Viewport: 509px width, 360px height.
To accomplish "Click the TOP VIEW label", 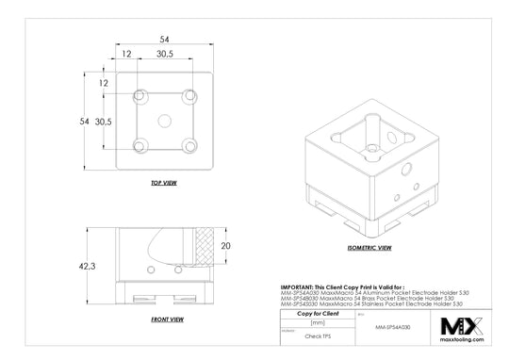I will pos(163,182).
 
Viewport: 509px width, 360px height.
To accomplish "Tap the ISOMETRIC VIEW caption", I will pos(369,248).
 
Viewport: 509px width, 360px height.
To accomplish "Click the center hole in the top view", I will pos(164,121).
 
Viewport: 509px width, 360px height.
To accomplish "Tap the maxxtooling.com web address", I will pos(462,344).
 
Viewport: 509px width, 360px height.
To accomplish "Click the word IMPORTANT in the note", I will pos(299,286).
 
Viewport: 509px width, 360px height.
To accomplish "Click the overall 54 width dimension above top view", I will pos(164,40).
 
